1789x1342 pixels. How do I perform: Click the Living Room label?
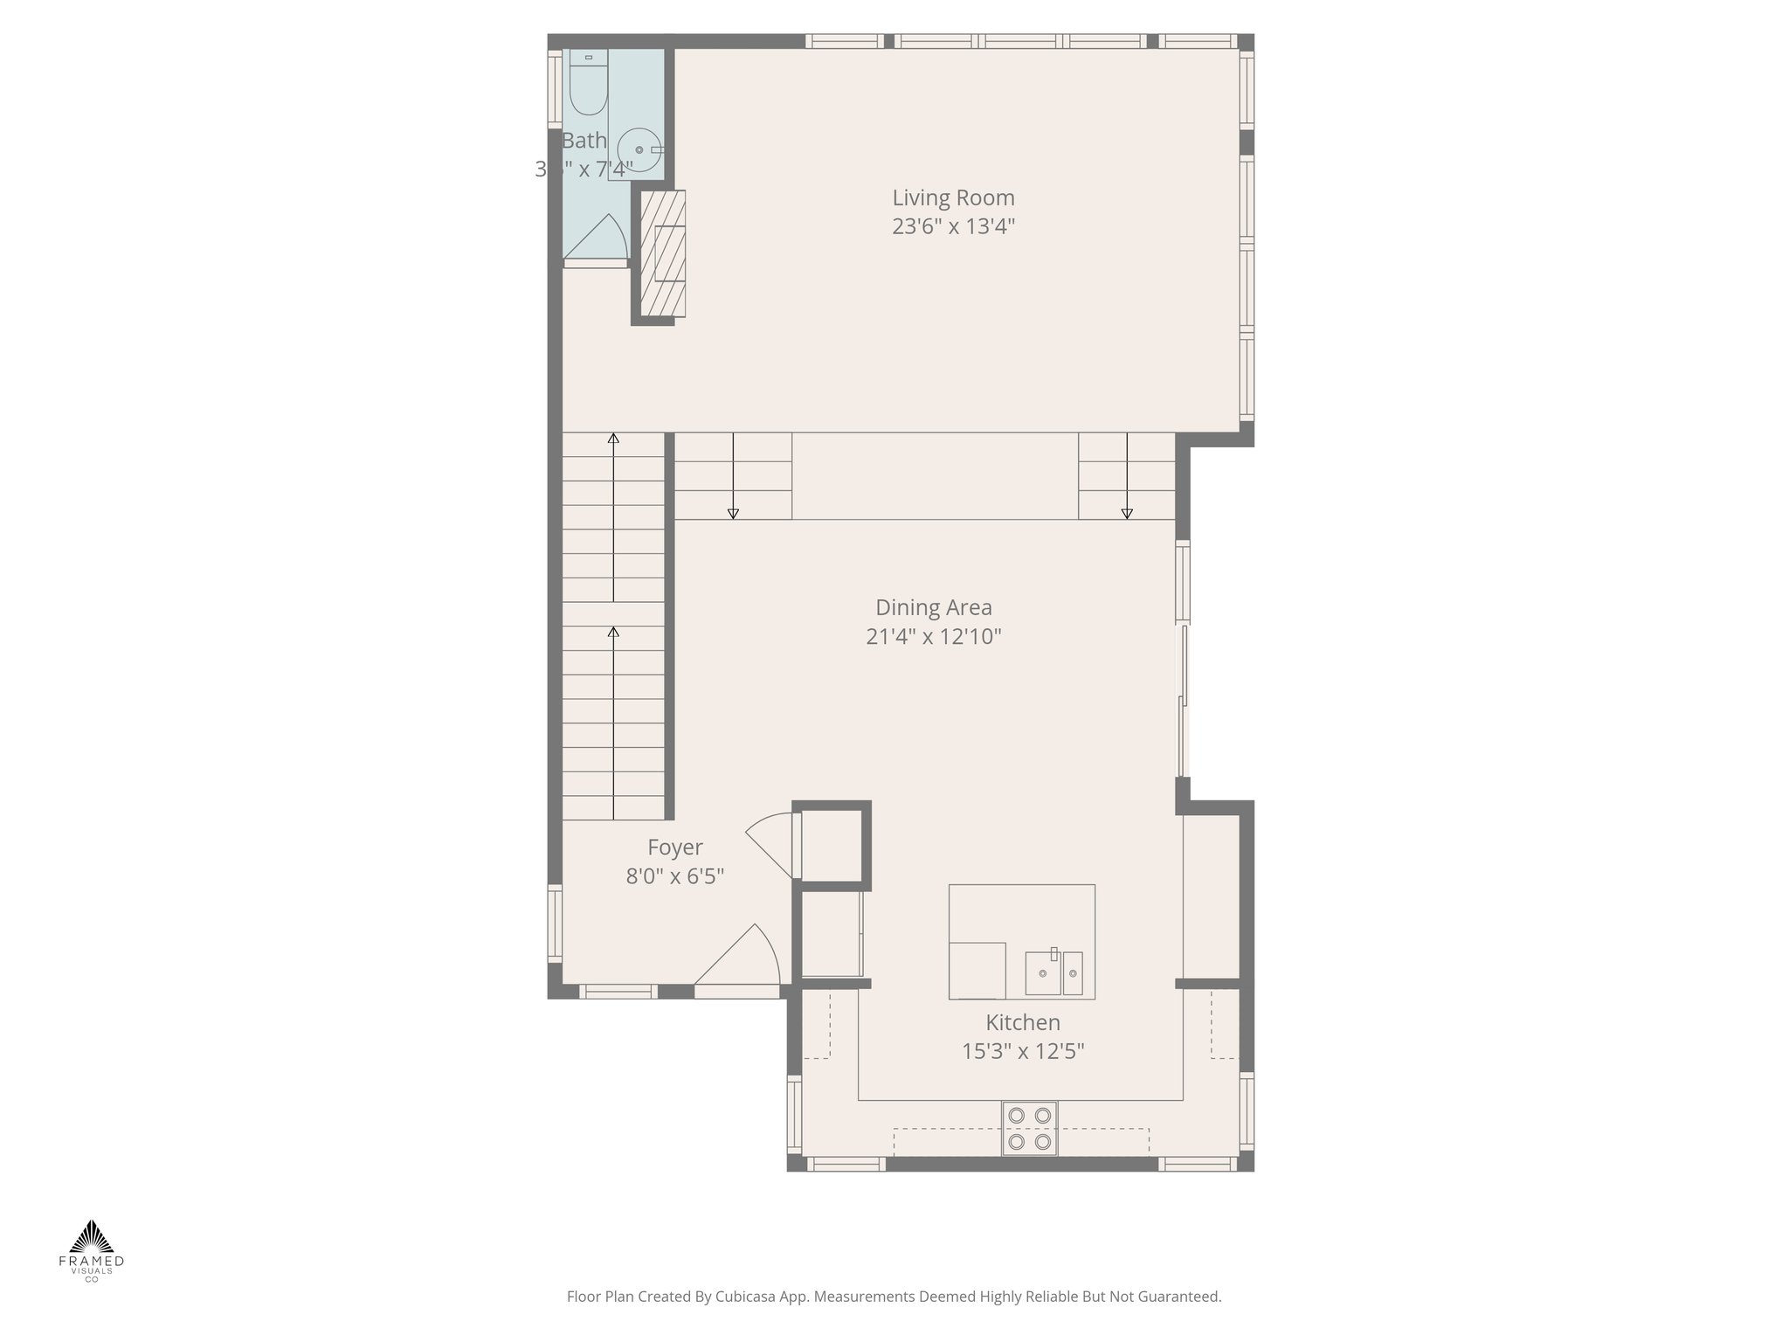953,197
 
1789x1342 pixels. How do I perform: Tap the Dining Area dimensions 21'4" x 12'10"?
933,637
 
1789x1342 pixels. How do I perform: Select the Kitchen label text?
1022,1022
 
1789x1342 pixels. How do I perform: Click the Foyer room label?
674,847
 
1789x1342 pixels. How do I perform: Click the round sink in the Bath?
639,150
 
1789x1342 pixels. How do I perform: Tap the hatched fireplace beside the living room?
663,253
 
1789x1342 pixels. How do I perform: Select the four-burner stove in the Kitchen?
1029,1128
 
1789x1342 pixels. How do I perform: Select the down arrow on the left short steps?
733,514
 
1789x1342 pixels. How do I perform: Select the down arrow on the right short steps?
1127,514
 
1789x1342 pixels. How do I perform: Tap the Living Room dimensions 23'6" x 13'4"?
953,227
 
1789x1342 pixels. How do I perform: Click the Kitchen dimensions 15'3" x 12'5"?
1022,1051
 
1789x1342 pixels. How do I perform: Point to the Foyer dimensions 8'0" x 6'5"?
674,876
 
